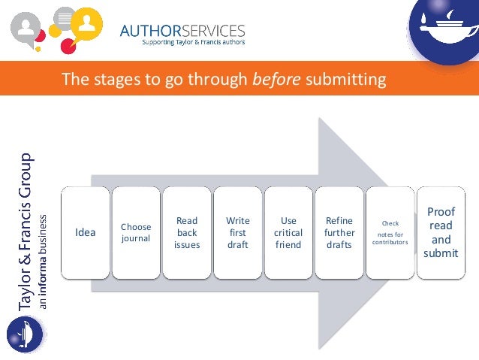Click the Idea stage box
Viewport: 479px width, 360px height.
[86, 232]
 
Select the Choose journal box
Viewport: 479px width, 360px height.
[136, 232]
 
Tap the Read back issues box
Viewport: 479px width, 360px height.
[187, 232]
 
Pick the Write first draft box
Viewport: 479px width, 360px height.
[237, 232]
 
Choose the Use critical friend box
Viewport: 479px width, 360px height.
[288, 232]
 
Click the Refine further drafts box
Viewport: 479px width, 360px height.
[339, 232]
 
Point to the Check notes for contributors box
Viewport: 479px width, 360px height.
[390, 233]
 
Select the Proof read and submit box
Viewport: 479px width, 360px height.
[441, 232]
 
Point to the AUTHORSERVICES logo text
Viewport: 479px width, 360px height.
[182, 30]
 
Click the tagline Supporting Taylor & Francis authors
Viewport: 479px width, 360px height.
[194, 43]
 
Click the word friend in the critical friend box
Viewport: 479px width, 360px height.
[288, 245]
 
